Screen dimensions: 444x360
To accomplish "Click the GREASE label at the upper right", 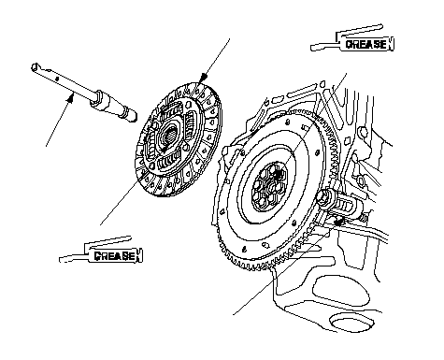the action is click(366, 44).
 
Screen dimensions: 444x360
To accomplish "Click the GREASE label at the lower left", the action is click(114, 255).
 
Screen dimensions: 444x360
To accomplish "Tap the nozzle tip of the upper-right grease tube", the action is click(313, 48).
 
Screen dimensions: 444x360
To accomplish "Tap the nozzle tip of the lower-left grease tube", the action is click(61, 259).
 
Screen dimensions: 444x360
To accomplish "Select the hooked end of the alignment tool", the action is click(36, 67).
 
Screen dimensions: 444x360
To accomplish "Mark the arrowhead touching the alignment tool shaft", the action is click(71, 98).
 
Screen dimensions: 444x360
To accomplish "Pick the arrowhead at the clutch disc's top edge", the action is click(204, 77).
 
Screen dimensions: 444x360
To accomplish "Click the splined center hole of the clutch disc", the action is click(170, 136).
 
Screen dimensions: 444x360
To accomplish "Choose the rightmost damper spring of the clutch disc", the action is click(190, 122).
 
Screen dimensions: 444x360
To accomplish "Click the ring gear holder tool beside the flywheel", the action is click(340, 205).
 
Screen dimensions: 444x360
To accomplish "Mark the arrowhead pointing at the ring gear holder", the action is click(338, 222).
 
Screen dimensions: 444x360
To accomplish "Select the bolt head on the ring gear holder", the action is click(324, 198).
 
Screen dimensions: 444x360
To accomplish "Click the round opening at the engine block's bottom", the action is click(351, 324).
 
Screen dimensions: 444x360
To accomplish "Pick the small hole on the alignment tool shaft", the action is click(56, 79).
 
